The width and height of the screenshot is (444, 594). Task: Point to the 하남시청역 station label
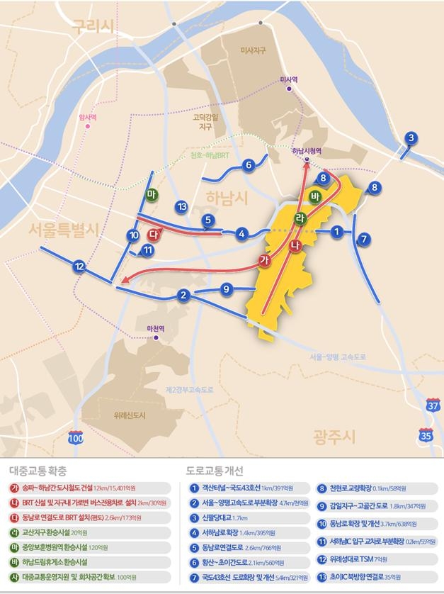pos(307,150)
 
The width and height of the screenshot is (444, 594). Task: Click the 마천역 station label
pos(154,328)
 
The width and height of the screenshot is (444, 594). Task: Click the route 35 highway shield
pos(425,435)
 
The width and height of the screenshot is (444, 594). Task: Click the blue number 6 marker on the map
pos(248,165)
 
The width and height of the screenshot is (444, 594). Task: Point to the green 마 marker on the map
pos(151,194)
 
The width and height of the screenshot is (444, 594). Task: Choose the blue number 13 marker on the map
pos(182,206)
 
